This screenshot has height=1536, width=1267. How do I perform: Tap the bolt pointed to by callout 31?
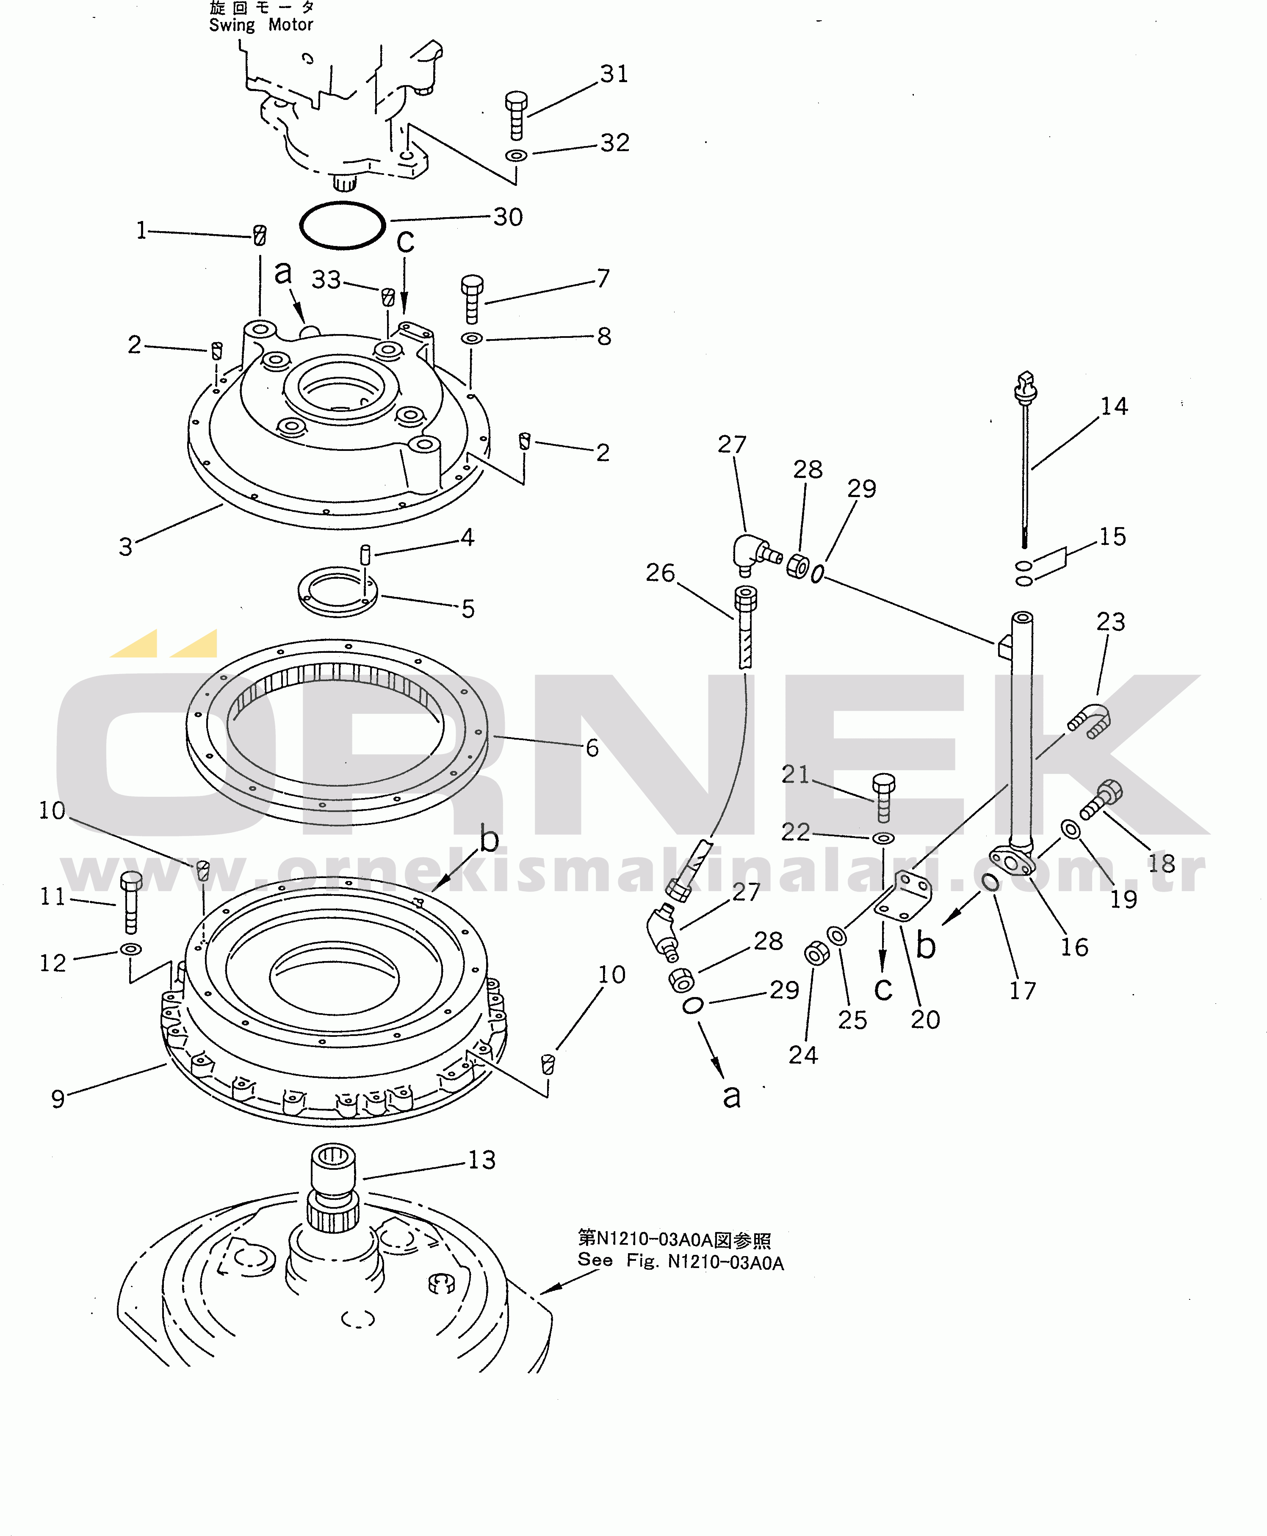[x=516, y=115]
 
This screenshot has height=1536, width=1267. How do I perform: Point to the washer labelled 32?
[x=516, y=155]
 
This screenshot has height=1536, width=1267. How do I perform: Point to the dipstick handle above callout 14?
[x=1026, y=387]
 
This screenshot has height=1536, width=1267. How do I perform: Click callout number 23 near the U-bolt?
[x=1110, y=622]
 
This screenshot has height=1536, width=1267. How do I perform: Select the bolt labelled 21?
[x=883, y=798]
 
